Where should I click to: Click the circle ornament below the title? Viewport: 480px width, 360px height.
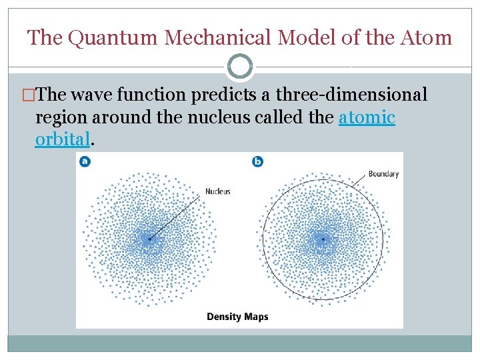click(x=240, y=67)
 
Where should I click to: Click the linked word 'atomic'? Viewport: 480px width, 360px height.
click(x=367, y=118)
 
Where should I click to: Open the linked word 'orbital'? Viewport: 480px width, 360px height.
click(x=61, y=139)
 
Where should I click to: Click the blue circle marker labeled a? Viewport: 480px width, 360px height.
click(x=85, y=161)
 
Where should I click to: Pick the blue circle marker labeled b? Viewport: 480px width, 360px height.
click(x=258, y=161)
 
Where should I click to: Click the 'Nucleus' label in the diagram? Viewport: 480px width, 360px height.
click(x=217, y=191)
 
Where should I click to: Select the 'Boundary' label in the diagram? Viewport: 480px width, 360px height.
click(x=383, y=174)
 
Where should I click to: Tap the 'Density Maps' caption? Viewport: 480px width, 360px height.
click(x=237, y=316)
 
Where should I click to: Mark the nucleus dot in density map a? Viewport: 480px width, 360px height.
click(x=149, y=238)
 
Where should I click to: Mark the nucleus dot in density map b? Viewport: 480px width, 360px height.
click(x=323, y=238)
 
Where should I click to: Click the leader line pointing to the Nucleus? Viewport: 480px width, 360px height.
click(x=177, y=214)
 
